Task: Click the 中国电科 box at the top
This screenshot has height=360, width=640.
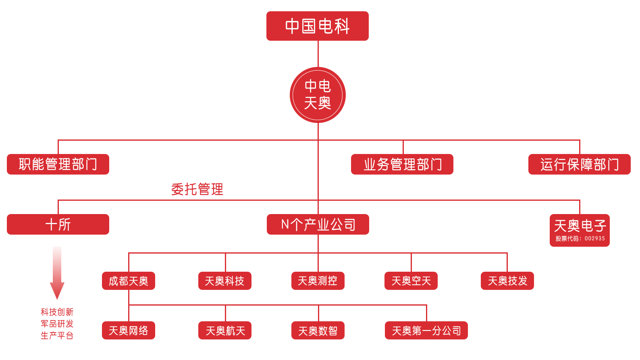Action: pyautogui.click(x=317, y=26)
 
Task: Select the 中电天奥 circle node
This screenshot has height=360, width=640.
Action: pyautogui.click(x=318, y=95)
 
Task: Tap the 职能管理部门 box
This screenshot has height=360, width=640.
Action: pyautogui.click(x=58, y=164)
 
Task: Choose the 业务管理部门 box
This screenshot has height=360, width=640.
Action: pyautogui.click(x=402, y=164)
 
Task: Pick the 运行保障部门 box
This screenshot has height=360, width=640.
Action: pyautogui.click(x=579, y=164)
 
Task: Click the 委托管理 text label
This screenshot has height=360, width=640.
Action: pyautogui.click(x=197, y=189)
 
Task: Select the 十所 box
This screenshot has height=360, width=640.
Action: pyautogui.click(x=58, y=224)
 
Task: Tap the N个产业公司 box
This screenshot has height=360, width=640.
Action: pyautogui.click(x=318, y=224)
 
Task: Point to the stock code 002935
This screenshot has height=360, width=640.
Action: pyautogui.click(x=594, y=239)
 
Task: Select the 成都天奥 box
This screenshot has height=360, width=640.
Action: pyautogui.click(x=129, y=281)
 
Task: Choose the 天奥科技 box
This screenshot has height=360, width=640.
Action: pyautogui.click(x=224, y=281)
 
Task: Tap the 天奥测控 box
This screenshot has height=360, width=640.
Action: pyautogui.click(x=318, y=281)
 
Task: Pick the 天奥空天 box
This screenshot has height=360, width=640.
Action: pyautogui.click(x=411, y=281)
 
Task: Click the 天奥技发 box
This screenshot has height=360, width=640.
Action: pyautogui.click(x=507, y=281)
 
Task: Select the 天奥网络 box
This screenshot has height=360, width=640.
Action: pyautogui.click(x=129, y=331)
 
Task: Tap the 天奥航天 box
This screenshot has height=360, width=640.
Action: pyautogui.click(x=224, y=331)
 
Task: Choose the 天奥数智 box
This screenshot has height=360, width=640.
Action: pyautogui.click(x=318, y=331)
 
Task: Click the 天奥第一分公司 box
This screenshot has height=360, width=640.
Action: pyautogui.click(x=426, y=331)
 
